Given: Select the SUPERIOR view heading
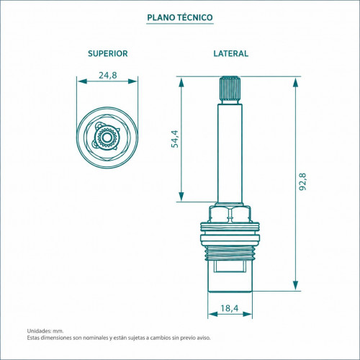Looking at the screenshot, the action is point(108,53).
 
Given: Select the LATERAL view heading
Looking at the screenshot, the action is point(231,53).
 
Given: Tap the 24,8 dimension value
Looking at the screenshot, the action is point(108,75).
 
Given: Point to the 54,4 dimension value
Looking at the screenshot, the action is point(175,139).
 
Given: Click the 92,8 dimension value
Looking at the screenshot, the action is point(302,181).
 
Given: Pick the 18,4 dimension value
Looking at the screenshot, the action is point(230,308).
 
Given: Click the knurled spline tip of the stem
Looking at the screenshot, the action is point(230,90).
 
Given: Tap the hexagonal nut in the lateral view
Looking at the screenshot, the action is point(230,214).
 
